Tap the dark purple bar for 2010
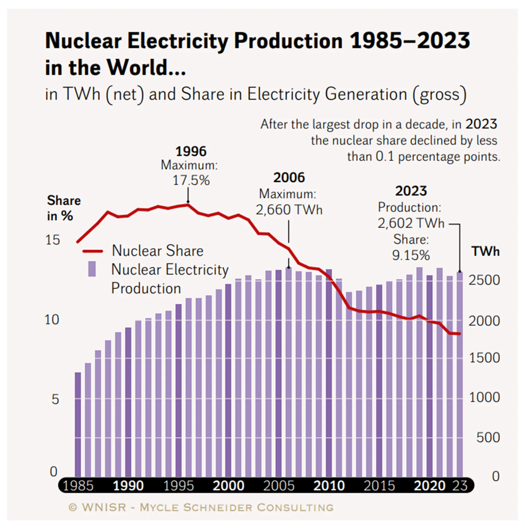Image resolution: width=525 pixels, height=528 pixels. pyautogui.click(x=329, y=371)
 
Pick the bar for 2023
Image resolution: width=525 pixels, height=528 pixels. pyautogui.click(x=459, y=374)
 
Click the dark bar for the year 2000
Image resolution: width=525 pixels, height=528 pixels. pyautogui.click(x=228, y=380)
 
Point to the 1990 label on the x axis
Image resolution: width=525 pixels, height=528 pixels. pyautogui.click(x=128, y=485)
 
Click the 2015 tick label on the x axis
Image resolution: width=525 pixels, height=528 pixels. pyautogui.click(x=379, y=485)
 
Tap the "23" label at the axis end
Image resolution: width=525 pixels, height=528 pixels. pyautogui.click(x=460, y=485)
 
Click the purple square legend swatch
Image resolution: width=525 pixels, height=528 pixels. pyautogui.click(x=92, y=269)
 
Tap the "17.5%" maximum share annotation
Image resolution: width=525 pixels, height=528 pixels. pyautogui.click(x=190, y=181)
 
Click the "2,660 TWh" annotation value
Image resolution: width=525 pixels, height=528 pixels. pyautogui.click(x=288, y=209)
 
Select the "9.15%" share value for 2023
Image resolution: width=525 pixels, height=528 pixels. pyautogui.click(x=411, y=255)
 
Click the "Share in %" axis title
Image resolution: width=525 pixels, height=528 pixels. pyautogui.click(x=63, y=208)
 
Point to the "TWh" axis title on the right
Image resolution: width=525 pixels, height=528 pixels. pyautogui.click(x=484, y=251)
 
